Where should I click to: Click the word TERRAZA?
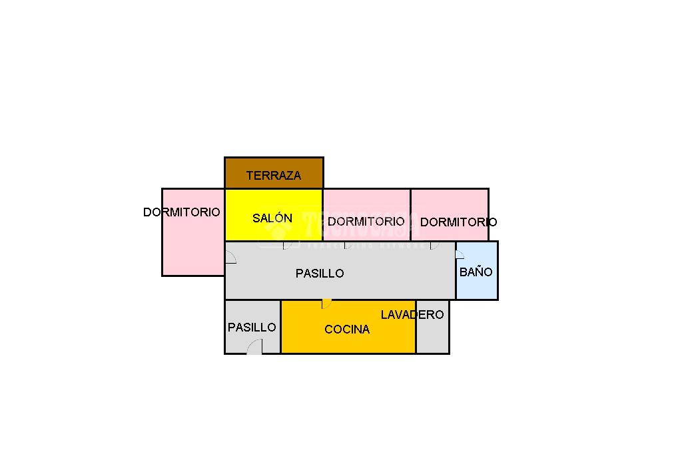pyautogui.click(x=273, y=176)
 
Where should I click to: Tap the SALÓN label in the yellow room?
pyautogui.click(x=272, y=218)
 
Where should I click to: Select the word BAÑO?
pyautogui.click(x=476, y=272)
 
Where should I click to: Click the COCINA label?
pyautogui.click(x=347, y=329)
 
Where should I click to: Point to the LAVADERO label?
pyautogui.click(x=412, y=314)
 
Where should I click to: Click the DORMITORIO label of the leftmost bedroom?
pyautogui.click(x=181, y=212)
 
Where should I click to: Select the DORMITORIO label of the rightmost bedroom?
pyautogui.click(x=458, y=222)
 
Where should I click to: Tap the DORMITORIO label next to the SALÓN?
pyautogui.click(x=366, y=221)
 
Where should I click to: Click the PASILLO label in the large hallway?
pyautogui.click(x=320, y=273)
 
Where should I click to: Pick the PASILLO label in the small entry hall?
pyautogui.click(x=252, y=327)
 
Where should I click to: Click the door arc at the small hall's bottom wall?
pyautogui.click(x=254, y=347)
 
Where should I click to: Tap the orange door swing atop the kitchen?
pyautogui.click(x=326, y=304)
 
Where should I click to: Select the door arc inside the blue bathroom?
pyautogui.click(x=460, y=254)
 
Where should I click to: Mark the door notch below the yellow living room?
pyautogui.click(x=287, y=245)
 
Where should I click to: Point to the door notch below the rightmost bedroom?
pyautogui.click(x=434, y=245)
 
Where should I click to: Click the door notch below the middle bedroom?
pyautogui.click(x=347, y=245)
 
